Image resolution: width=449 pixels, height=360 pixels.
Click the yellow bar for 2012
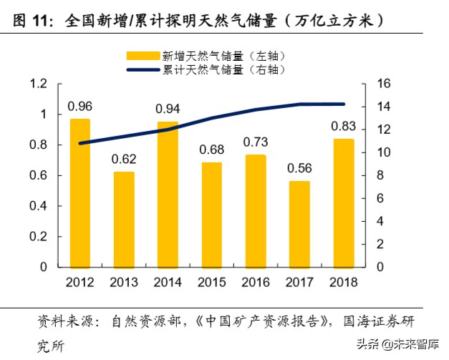pos(80,193)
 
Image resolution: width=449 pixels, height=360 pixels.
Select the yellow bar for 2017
pos(300,224)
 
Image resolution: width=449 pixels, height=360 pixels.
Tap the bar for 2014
pos(168,195)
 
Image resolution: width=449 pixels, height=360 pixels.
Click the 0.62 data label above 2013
pos(124,158)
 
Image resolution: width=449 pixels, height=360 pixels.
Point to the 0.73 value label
pos(256,142)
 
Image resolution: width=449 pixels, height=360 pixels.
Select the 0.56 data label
pos(300,168)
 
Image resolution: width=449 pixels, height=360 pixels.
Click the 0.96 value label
pos(80,107)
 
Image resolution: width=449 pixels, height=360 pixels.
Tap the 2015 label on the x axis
pos(212,281)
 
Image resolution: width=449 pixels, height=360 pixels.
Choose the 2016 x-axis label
pos(256,281)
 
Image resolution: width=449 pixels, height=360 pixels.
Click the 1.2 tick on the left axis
pos(38,84)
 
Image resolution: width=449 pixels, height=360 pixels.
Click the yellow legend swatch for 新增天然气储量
pos(143,55)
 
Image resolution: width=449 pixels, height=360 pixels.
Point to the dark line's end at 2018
pos(344,104)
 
